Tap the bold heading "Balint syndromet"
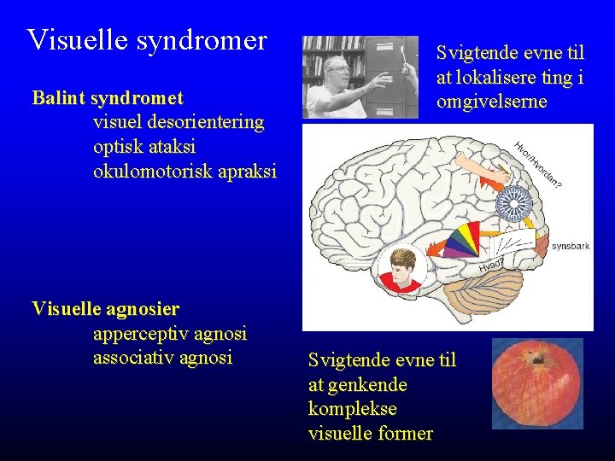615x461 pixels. (x=107, y=97)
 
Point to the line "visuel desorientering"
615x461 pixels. (x=178, y=121)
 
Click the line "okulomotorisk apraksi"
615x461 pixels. (x=184, y=171)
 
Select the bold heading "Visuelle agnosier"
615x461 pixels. (x=105, y=308)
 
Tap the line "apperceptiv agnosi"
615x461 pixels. (x=169, y=333)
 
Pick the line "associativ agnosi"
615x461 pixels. (x=162, y=357)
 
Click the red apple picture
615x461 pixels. (x=537, y=383)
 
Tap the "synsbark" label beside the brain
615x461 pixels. (x=570, y=246)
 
